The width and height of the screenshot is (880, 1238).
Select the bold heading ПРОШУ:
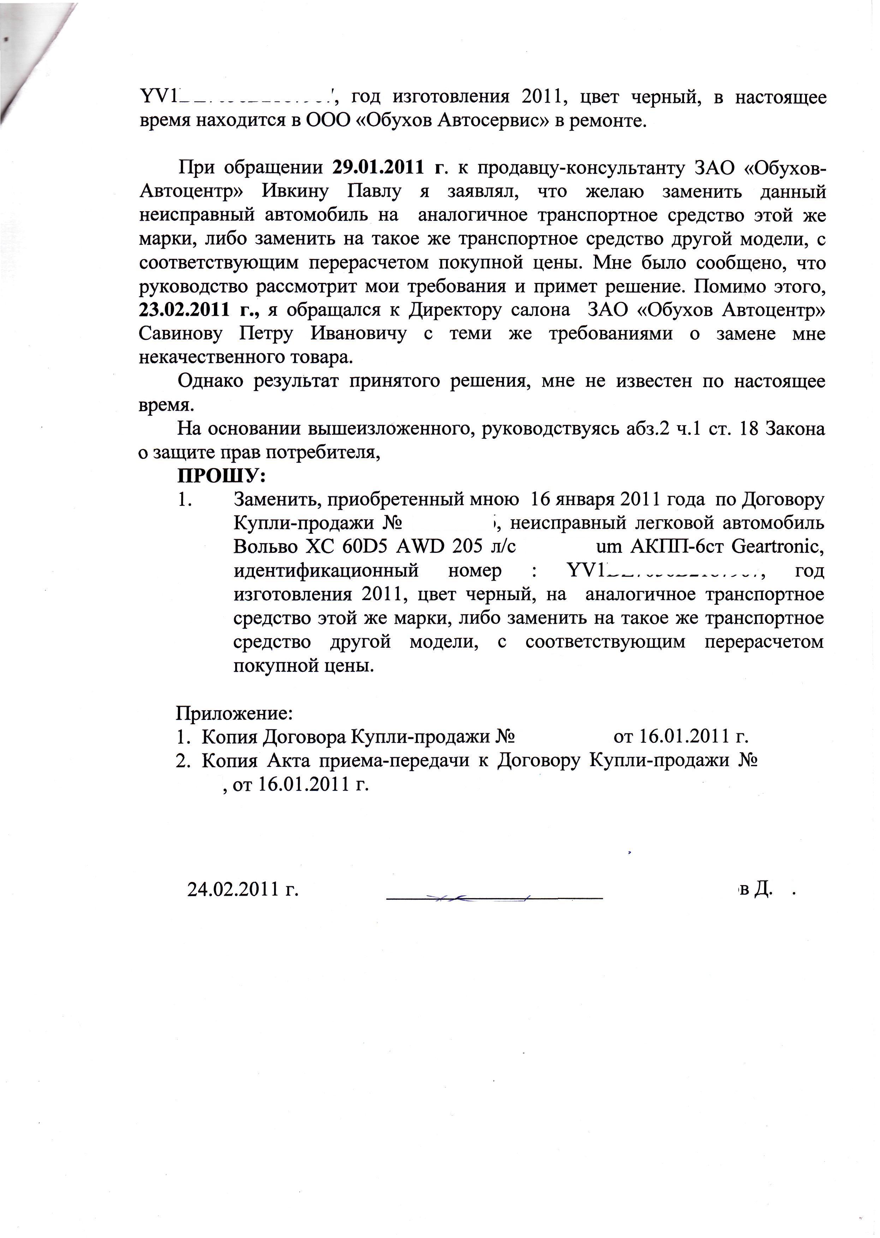point(222,476)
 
